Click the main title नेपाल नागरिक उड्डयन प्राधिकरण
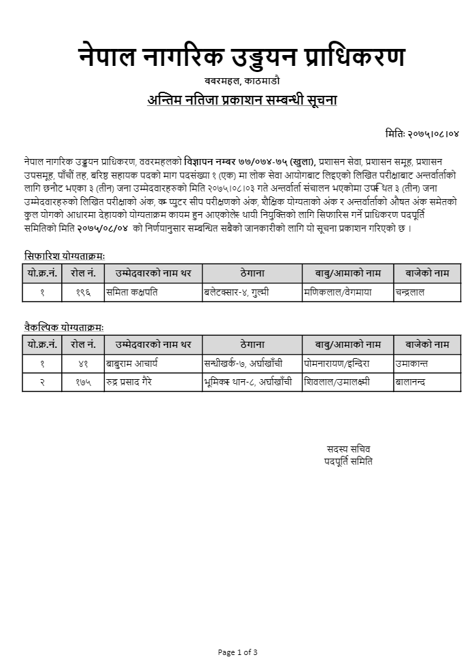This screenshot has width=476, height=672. (x=241, y=58)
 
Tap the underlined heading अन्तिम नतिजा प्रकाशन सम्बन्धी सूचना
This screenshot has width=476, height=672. (x=242, y=101)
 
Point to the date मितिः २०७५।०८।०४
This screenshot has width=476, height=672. (x=422, y=134)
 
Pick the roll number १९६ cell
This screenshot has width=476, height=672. (x=83, y=292)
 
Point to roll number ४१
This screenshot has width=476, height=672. (x=83, y=364)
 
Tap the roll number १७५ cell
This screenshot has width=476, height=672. (x=83, y=382)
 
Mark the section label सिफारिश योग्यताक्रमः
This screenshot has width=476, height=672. (x=65, y=256)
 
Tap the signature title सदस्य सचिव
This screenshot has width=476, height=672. (x=349, y=449)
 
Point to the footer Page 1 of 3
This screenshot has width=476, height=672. (x=237, y=652)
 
